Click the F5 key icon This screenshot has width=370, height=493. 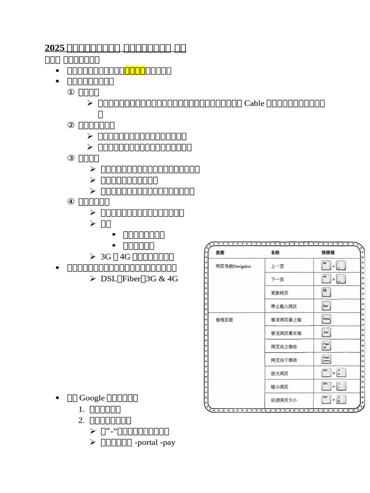[326, 292]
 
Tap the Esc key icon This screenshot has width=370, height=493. [326, 306]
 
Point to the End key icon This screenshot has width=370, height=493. [326, 333]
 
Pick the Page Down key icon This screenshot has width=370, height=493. [326, 359]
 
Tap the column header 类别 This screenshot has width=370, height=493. [220, 252]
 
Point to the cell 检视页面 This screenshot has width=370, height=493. [225, 320]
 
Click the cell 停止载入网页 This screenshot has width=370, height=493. [284, 306]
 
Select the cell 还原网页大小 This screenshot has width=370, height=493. [284, 400]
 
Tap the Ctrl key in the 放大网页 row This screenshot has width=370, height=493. [326, 372]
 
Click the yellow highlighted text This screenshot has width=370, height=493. [135, 71]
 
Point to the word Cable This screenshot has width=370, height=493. [255, 103]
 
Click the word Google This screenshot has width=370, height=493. [92, 398]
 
